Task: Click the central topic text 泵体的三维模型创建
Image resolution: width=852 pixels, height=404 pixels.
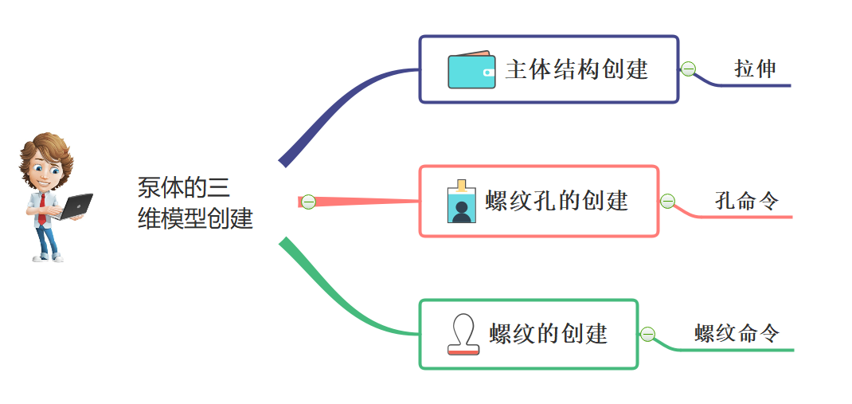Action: click(x=194, y=203)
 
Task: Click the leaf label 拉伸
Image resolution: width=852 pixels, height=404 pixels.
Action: click(x=755, y=69)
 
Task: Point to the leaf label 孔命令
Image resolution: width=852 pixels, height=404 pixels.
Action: click(x=746, y=201)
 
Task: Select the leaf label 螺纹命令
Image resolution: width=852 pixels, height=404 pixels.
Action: click(x=737, y=333)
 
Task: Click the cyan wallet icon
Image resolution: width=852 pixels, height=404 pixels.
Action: click(x=471, y=70)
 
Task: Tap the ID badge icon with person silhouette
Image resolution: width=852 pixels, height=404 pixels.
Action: click(x=460, y=202)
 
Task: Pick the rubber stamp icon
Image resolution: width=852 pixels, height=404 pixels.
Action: click(x=463, y=334)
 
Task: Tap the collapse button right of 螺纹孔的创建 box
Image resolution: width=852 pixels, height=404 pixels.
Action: click(x=668, y=201)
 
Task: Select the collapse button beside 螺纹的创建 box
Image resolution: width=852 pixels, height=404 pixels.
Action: click(x=648, y=334)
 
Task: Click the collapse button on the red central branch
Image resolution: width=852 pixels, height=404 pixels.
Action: click(x=308, y=202)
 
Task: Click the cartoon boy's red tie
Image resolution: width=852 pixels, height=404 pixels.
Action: click(x=42, y=206)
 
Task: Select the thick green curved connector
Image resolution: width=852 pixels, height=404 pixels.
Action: click(x=334, y=299)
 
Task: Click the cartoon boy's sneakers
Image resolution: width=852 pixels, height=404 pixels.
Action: click(x=48, y=257)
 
